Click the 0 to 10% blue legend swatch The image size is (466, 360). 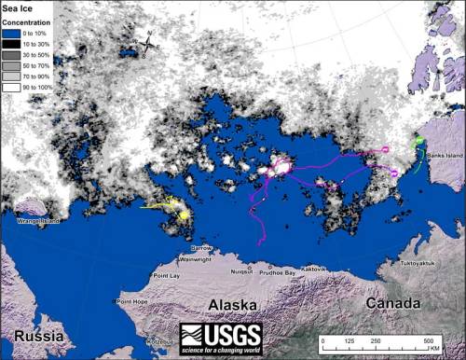(x=12, y=33)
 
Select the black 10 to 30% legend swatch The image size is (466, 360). (x=12, y=43)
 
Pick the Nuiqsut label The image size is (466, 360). (x=241, y=270)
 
